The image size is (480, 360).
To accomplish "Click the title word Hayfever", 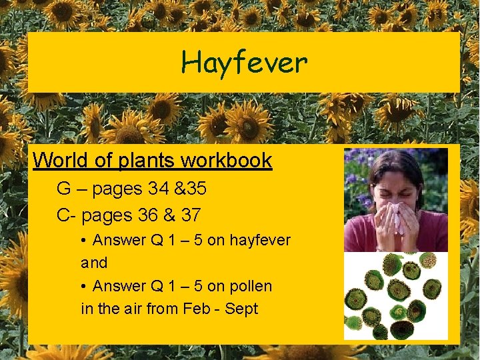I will coord(244,63).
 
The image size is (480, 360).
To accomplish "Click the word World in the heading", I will coord(55,161).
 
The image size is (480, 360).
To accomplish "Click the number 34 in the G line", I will coord(159,189).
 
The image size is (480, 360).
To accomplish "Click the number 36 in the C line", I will coord(152,216).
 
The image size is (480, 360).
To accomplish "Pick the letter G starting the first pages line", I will coord(64,189).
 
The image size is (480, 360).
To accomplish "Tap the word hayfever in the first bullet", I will coord(260,240).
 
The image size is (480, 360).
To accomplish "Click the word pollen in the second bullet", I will coord(250,287).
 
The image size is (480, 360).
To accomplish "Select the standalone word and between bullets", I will coord(94,263).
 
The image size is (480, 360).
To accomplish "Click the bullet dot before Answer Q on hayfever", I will coord(84,240).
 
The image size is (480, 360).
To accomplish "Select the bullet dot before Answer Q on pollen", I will coord(84,287).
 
